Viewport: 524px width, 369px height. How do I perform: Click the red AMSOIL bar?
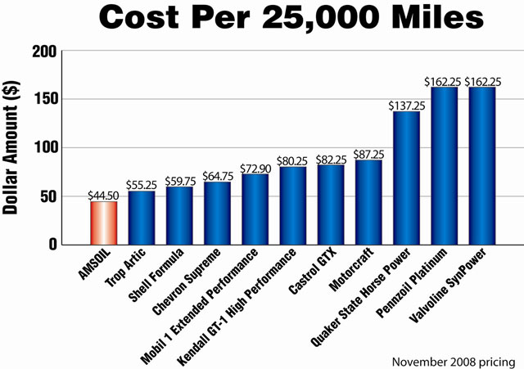point(103,223)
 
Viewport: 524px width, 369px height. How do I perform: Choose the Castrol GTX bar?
point(330,205)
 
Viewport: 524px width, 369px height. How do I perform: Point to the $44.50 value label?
point(103,196)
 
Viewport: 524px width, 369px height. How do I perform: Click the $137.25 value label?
point(406,106)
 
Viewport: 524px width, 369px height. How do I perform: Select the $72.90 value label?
point(255,169)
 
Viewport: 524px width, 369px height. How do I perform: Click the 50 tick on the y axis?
point(47,196)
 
